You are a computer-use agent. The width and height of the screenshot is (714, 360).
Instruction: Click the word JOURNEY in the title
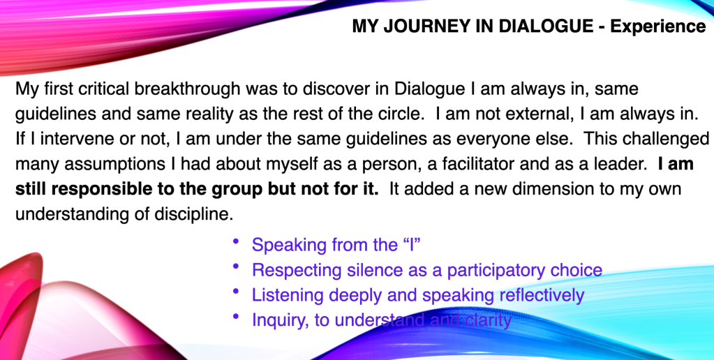coord(438,26)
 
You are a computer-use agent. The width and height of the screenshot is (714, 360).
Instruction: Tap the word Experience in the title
coord(658,27)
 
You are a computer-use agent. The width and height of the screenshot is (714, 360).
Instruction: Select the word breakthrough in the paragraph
coord(188,89)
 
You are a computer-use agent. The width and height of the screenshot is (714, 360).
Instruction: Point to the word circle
coord(398,113)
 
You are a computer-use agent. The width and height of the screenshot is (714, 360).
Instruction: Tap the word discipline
coord(194,213)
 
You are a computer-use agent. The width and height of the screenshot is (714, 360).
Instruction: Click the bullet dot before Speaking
coord(235,241)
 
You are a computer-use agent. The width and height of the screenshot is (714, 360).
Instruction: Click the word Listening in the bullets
coord(288,296)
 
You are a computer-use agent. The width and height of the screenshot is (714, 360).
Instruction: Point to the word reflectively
coord(542,296)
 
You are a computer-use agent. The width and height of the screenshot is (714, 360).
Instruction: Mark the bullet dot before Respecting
coord(235,267)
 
